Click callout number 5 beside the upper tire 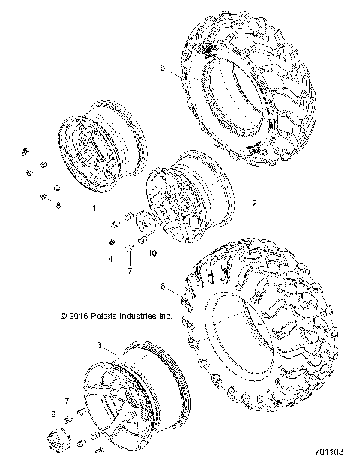[x=162, y=68]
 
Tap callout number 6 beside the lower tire [x=162, y=286]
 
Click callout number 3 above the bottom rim [x=99, y=345]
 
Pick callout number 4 [x=110, y=259]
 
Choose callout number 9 [x=52, y=415]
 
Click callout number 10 [x=152, y=254]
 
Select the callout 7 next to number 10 [x=128, y=269]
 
